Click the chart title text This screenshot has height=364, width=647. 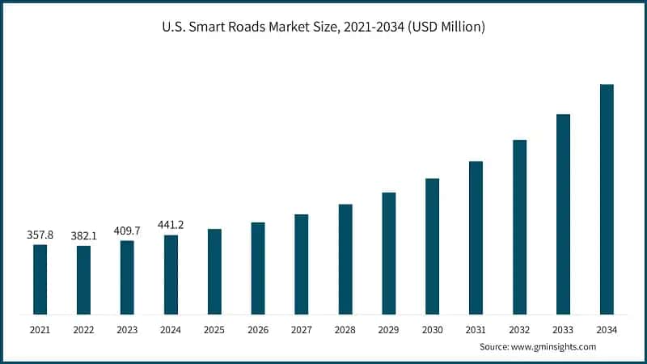(x=323, y=27)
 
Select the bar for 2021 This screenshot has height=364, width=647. (x=40, y=279)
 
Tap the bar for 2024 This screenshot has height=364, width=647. (x=171, y=274)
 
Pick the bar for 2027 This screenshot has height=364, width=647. (x=302, y=264)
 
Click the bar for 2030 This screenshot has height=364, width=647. (x=433, y=246)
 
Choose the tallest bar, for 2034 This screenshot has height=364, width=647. (x=607, y=199)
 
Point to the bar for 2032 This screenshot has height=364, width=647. (x=520, y=226)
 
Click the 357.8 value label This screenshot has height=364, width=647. (x=40, y=235)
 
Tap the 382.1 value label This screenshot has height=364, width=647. (x=83, y=236)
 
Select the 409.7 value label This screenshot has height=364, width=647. (x=127, y=231)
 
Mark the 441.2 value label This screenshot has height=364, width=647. (x=171, y=225)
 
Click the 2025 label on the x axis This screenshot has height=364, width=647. (x=214, y=330)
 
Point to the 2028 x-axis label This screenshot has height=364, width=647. (x=345, y=330)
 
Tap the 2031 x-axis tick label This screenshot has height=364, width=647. (x=476, y=330)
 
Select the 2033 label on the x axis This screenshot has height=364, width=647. (x=563, y=330)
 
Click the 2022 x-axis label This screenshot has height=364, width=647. (x=83, y=330)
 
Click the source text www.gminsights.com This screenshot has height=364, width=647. (x=537, y=347)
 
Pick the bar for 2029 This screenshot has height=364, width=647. (x=389, y=253)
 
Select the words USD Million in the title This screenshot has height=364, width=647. (x=448, y=27)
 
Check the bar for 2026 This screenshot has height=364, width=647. (x=258, y=268)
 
